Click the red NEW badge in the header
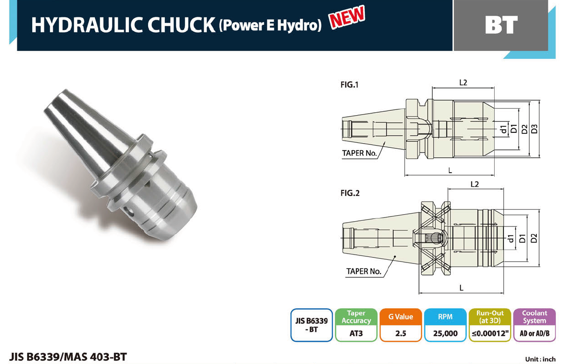(x=347, y=16)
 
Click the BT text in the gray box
(x=501, y=25)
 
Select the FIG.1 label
(x=349, y=85)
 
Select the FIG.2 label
(x=350, y=193)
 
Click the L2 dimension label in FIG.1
(x=463, y=82)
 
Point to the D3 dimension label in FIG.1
(x=534, y=129)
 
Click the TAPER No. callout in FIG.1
(x=359, y=153)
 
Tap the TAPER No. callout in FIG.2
(x=364, y=271)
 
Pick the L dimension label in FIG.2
(x=462, y=288)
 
